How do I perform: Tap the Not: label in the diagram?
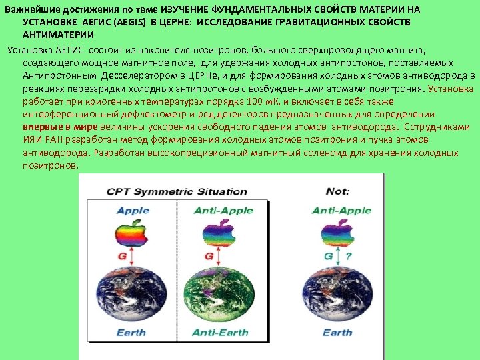pos(338,191)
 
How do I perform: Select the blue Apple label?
pos(133,211)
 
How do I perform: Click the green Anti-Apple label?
pos(223,211)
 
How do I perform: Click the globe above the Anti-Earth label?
pos(219,293)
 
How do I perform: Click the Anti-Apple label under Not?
pos(342,211)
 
